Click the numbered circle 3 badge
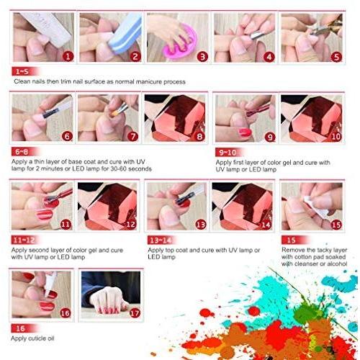202,57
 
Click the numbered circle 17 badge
135,313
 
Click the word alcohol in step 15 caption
337,264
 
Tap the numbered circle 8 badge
199,137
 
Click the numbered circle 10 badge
336,137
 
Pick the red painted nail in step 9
245,132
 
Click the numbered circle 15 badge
336,225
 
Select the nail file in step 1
48,27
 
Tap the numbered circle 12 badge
131,225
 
